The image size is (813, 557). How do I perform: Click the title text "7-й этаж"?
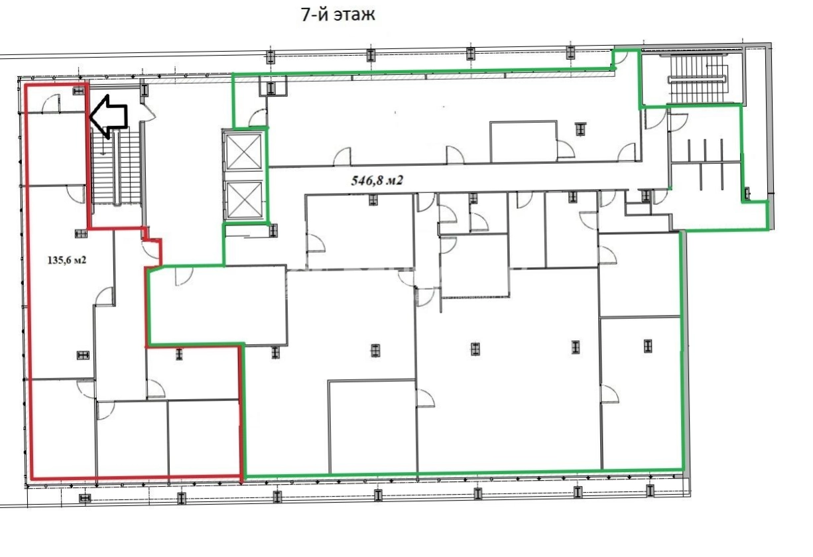pos(338,15)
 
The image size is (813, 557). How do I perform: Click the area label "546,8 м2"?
pos(377,180)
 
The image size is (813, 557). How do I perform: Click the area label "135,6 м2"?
pos(67,260)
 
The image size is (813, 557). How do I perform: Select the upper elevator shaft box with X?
pos(243,151)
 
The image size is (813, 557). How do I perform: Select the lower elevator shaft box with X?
pos(243,200)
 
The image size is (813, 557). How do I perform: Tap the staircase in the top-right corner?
pos(697,79)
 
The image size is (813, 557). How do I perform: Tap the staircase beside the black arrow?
pos(117,168)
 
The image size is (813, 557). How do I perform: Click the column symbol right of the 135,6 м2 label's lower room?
pos(83,355)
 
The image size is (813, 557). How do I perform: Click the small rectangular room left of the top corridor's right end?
pos(523,142)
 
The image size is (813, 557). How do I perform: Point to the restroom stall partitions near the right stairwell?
pos(705,164)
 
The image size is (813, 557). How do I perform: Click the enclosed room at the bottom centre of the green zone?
pos(373,426)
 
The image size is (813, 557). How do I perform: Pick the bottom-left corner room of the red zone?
pos(63,428)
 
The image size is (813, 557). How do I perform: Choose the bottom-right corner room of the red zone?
pos(204,438)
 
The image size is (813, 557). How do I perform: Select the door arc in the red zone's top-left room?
pos(51,103)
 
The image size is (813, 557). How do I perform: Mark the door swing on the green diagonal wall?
pos(184,277)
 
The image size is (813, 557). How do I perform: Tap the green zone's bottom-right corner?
pos(684,470)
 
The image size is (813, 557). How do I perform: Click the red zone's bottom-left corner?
pos(32,478)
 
